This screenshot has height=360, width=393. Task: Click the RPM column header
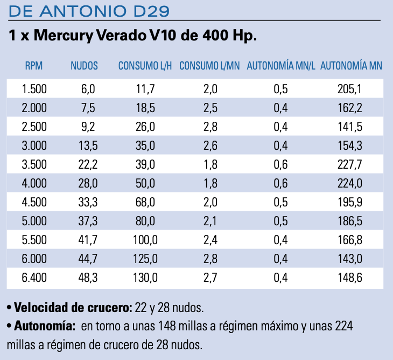pos(33,66)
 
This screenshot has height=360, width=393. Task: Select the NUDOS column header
pos(84,66)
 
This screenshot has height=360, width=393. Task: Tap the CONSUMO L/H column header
pos(145,66)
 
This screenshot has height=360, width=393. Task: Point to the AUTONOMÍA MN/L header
pos(280,66)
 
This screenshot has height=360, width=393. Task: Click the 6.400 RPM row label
pos(34,278)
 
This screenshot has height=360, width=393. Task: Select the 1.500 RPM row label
pos(34,89)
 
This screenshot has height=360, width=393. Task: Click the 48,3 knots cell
pos(88,278)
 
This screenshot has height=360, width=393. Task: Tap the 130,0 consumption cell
pos(145,278)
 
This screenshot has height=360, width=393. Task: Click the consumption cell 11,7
pos(145,89)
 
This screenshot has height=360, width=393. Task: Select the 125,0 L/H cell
pos(145,259)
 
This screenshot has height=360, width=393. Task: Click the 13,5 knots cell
pos(88,146)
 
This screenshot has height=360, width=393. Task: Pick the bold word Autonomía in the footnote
pos(44,326)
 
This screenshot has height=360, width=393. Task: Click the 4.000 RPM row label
pos(34,183)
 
